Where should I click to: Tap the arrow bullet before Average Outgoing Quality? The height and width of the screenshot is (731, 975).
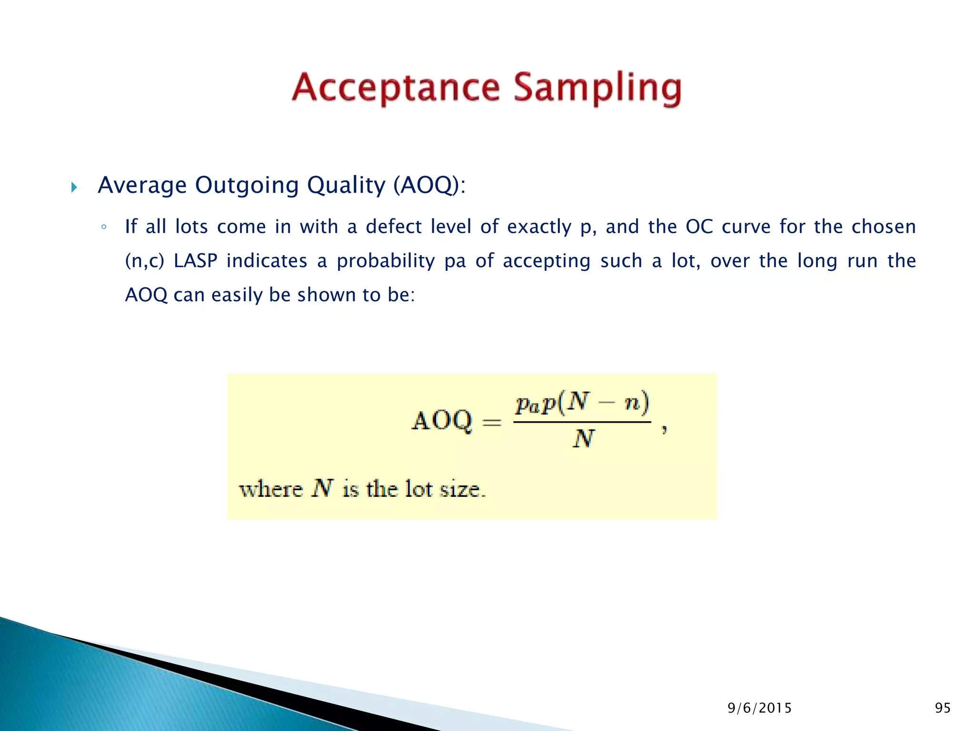[x=74, y=187]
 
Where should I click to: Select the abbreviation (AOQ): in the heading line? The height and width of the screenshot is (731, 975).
[x=429, y=185]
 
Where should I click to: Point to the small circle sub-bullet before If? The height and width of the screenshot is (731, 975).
[x=103, y=227]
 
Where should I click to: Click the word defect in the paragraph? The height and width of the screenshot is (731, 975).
[x=393, y=227]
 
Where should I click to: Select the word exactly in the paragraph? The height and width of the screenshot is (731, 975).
[x=539, y=227]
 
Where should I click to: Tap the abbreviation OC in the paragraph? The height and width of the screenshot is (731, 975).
[x=699, y=227]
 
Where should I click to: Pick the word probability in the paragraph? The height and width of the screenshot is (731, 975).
[x=386, y=261]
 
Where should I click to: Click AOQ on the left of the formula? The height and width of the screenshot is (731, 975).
[x=442, y=421]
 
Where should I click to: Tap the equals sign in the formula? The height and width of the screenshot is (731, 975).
[x=492, y=422]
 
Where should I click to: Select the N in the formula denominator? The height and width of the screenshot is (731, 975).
[x=583, y=439]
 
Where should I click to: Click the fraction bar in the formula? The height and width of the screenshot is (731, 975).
[x=582, y=422]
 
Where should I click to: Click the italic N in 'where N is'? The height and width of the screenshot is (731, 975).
[x=322, y=489]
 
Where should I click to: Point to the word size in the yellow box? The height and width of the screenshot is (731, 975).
[x=462, y=489]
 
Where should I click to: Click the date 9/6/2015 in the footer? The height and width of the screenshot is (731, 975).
[x=759, y=708]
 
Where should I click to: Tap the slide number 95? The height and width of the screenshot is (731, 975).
[x=943, y=708]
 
